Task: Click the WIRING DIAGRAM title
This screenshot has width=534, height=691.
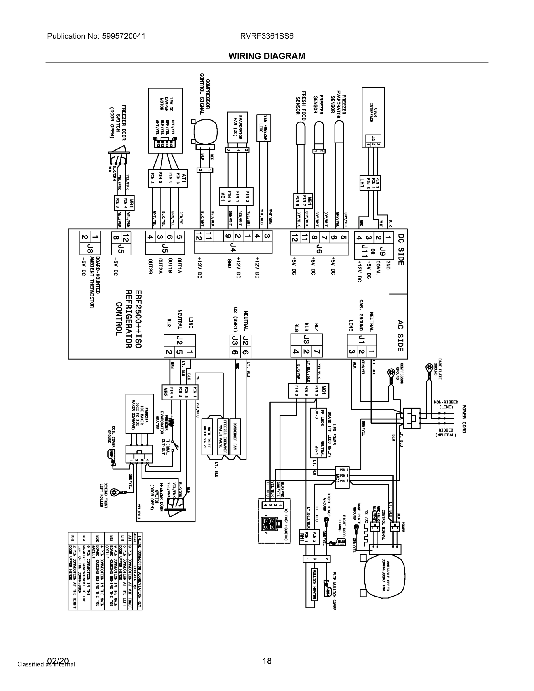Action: pos(267,56)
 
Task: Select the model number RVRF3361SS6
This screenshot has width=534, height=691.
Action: pos(267,36)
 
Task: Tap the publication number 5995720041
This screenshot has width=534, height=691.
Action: pos(123,36)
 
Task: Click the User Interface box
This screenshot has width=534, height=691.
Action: pos(373,117)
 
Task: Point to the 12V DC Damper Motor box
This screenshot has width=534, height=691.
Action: pos(165,120)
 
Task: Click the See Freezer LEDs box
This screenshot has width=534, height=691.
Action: pos(263,128)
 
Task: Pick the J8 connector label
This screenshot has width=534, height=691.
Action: pos(90,249)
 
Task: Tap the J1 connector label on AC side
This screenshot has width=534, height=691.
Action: pos(362,340)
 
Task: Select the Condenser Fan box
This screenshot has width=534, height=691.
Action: pos(235,436)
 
